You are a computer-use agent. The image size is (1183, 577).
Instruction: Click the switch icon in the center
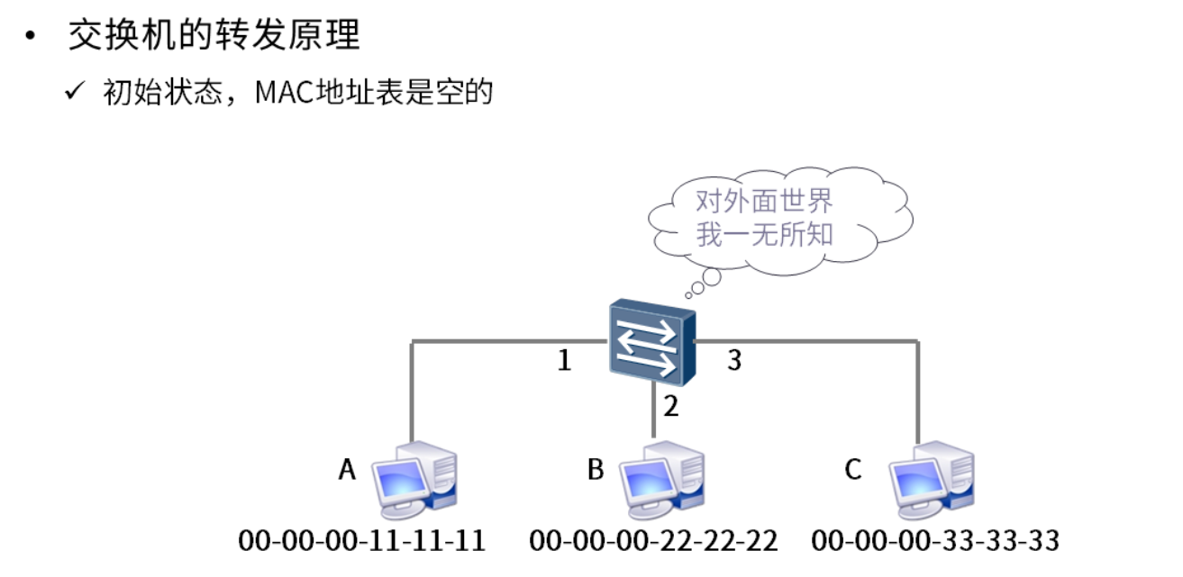point(651,343)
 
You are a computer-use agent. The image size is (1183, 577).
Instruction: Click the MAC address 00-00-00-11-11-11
point(362,541)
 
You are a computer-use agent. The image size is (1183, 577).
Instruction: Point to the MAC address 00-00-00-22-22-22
point(654,541)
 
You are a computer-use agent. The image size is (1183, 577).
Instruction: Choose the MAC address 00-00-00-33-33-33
point(935,541)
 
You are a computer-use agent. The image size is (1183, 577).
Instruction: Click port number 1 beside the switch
point(564,362)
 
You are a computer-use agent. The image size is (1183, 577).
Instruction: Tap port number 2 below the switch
point(670,407)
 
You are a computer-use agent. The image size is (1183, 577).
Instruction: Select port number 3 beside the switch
point(734,361)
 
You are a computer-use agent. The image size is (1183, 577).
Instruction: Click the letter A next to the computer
point(347,469)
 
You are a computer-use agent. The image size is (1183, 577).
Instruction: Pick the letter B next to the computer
point(595,469)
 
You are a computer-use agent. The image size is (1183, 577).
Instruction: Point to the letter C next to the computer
point(852,469)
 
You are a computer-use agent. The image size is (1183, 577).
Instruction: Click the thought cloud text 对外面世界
point(764,201)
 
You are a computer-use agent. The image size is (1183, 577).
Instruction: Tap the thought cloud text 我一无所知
point(764,234)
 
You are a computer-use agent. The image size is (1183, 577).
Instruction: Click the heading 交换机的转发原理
point(214,36)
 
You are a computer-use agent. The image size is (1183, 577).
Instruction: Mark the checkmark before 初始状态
point(75,92)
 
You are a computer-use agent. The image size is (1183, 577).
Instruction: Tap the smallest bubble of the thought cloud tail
point(688,293)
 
